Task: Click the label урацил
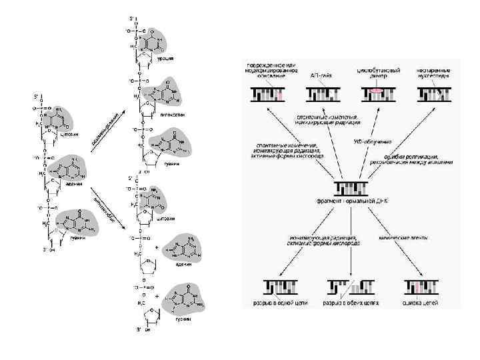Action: (x=165, y=59)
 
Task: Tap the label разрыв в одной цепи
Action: (x=279, y=301)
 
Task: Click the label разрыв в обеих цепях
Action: (x=351, y=301)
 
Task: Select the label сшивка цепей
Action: (x=421, y=301)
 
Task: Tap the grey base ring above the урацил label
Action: (x=160, y=41)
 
